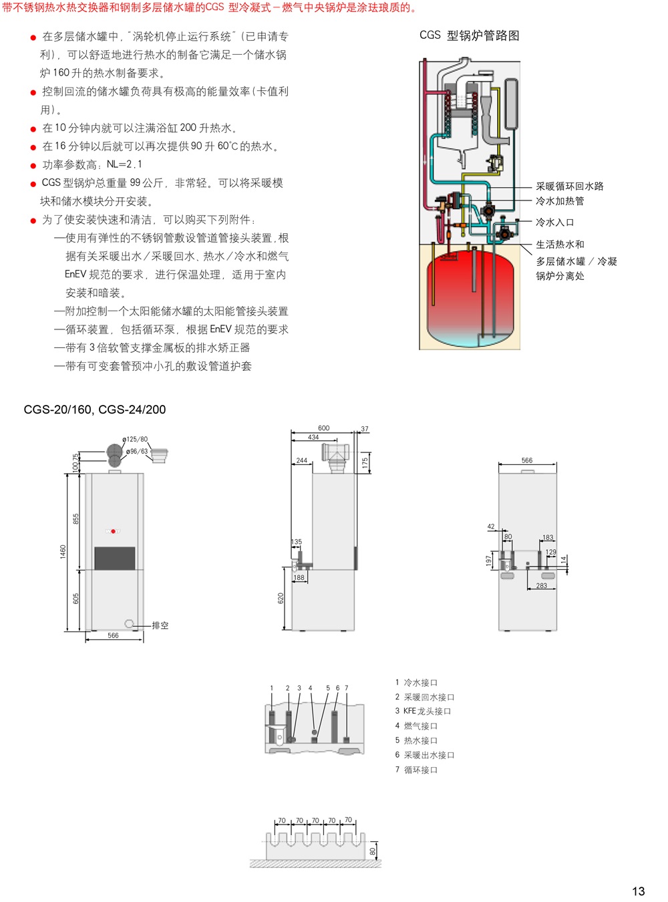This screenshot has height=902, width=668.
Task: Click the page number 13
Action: click(638, 891)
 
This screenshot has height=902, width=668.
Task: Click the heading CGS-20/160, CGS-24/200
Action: click(95, 410)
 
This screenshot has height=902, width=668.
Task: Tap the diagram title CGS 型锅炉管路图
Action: click(469, 36)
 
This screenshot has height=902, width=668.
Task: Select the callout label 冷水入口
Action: click(554, 222)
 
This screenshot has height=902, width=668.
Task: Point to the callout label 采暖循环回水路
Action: click(570, 186)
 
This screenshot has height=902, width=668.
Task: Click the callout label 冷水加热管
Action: click(560, 201)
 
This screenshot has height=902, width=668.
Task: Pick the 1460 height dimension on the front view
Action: click(63, 551)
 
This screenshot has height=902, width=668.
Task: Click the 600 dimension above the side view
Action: click(323, 428)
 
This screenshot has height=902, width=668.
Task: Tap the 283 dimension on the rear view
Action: click(541, 585)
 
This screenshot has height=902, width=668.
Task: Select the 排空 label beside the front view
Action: click(160, 625)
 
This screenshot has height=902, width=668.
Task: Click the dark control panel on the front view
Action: click(115, 559)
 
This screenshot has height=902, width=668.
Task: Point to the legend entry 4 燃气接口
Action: click(416, 726)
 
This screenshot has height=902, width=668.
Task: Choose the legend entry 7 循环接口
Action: click(416, 770)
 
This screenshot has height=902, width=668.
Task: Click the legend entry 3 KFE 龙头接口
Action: click(423, 711)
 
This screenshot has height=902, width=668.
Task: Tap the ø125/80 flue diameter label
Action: click(135, 439)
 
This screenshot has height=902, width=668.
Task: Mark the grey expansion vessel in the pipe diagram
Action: click(511, 104)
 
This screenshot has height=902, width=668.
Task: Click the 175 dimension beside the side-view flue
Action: click(365, 463)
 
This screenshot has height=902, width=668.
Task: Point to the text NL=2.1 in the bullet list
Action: click(124, 164)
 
